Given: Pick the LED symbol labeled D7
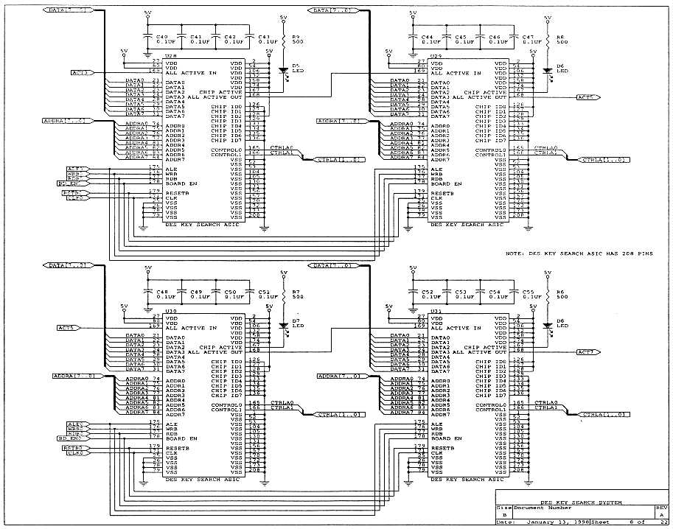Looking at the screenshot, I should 285,324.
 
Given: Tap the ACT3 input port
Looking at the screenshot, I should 80,72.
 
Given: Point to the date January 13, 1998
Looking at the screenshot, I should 557,522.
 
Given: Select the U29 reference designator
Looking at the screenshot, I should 436,55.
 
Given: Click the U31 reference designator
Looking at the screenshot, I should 436,310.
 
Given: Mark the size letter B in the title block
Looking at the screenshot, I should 504,514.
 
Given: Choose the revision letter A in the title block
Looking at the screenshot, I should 661,514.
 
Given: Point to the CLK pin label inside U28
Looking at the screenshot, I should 172,198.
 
